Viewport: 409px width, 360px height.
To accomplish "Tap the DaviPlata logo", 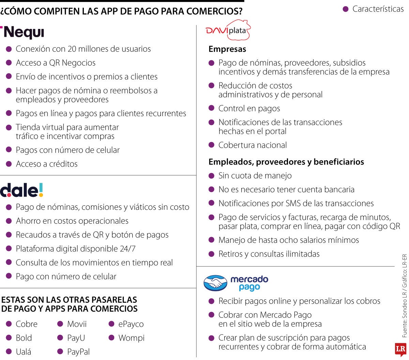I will (228, 31).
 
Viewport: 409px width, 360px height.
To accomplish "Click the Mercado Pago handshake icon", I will (215, 283).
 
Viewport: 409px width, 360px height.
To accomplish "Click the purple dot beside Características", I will (346, 9).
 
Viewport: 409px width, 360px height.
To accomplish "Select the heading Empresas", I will (227, 49).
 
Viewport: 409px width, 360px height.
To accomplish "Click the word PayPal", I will (78, 352).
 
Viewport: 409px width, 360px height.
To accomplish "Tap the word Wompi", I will (131, 338).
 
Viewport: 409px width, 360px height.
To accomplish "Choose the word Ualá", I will (24, 352).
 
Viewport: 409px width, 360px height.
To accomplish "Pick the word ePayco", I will (131, 324).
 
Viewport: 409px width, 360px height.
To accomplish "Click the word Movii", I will (77, 324).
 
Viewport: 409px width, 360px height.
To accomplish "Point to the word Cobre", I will (27, 324).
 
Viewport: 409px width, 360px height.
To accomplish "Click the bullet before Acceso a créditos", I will (9, 164).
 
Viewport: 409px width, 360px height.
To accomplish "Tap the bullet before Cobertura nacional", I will (212, 145).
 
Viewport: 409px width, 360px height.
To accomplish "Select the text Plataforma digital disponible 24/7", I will (76, 249).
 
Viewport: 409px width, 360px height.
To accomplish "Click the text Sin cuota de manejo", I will (255, 176).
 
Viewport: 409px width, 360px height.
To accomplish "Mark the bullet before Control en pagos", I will (212, 108).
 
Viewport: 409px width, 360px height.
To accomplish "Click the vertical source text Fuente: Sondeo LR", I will (405, 307).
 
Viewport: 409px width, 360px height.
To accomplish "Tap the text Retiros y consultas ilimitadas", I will (269, 254).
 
